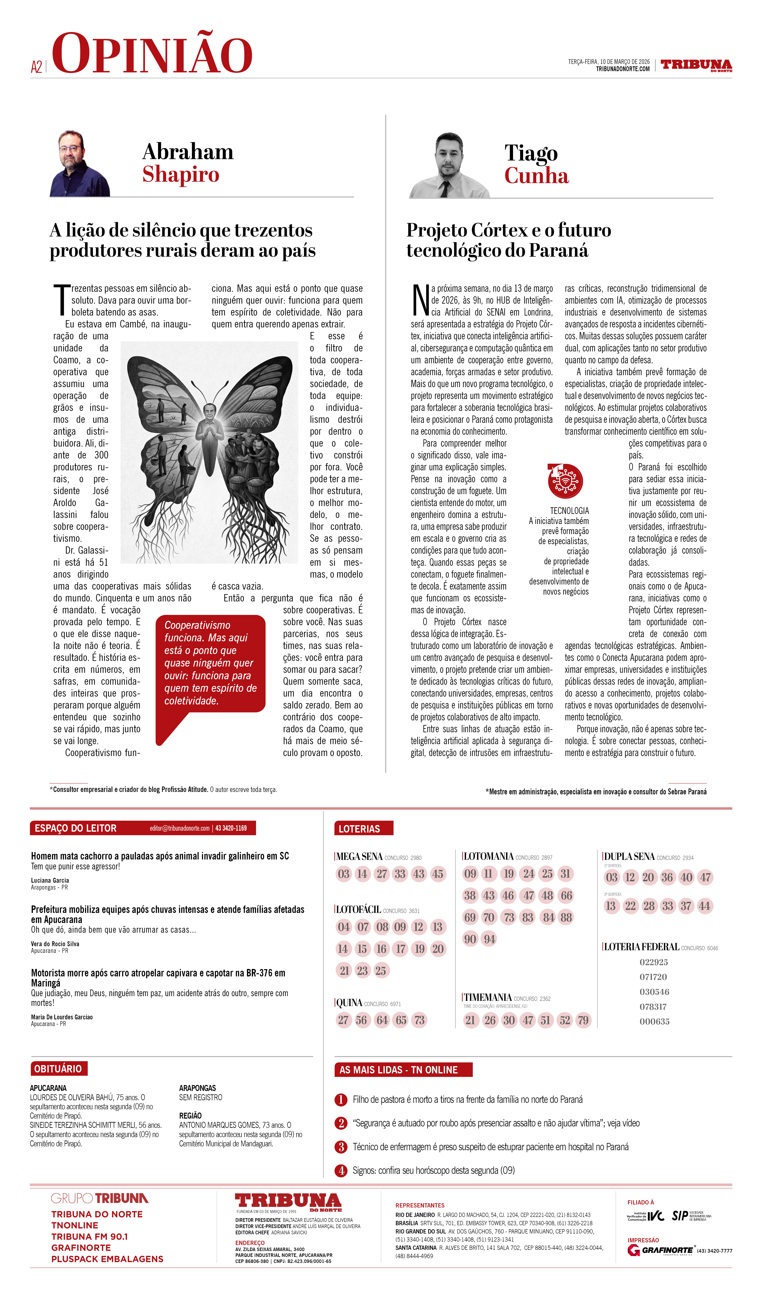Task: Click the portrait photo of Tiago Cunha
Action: point(449,166)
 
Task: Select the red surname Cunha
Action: point(536,176)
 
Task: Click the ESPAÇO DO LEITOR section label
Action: point(76,828)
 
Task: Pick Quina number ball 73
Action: point(420,1020)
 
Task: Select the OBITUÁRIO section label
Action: point(58,1069)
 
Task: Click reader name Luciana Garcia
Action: point(50,880)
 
